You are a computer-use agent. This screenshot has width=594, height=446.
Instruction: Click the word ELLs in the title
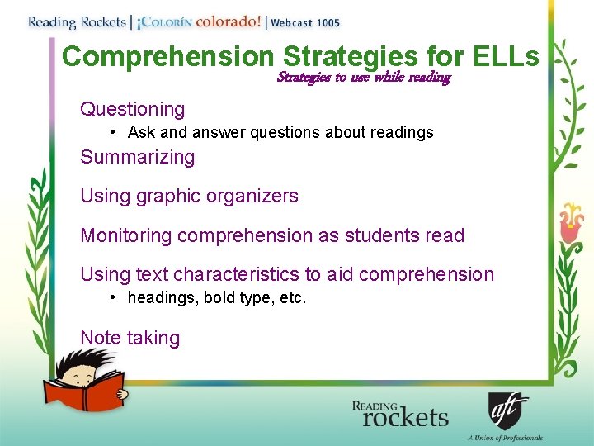pos(507,56)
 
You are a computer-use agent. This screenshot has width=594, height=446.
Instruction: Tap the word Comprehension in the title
pos(167,56)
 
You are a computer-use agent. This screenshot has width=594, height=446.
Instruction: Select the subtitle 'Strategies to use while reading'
pos(364,78)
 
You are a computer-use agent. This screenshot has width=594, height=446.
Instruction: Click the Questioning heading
pos(132,109)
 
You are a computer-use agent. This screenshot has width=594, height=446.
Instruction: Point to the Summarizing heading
pos(137,157)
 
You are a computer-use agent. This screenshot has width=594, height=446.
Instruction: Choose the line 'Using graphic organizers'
pos(189,196)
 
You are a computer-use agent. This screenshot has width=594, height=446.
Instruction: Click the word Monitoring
pos(125,235)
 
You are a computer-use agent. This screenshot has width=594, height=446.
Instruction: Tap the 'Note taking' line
pos(130,338)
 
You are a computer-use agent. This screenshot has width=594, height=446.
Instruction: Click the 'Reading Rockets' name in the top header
pos(76,22)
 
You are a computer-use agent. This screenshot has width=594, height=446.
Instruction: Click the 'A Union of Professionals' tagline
pos(504,438)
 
